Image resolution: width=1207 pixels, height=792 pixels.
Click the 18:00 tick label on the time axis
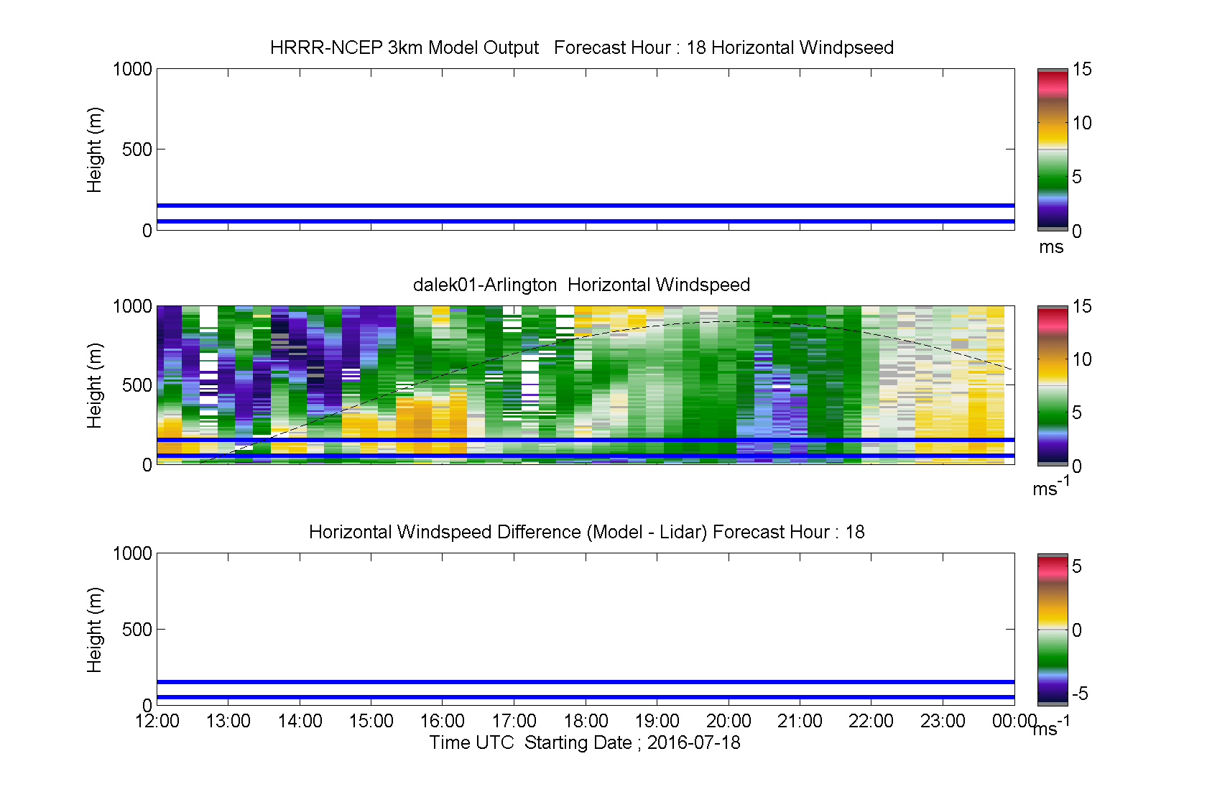tap(586, 721)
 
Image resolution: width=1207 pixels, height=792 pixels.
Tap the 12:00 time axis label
tap(157, 721)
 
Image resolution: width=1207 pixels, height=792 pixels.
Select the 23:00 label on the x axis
tap(943, 721)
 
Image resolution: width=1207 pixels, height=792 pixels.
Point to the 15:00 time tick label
tap(371, 721)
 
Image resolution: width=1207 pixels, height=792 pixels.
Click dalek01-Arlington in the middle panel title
tap(485, 285)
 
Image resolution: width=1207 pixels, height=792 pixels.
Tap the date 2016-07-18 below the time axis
tap(693, 742)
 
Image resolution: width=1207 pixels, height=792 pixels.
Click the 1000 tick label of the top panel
tap(132, 69)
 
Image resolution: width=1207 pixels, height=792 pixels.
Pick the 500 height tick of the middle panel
tap(137, 385)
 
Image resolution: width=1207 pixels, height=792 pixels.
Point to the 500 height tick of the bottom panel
tap(137, 629)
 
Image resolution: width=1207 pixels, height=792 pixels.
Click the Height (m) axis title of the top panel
tap(94, 150)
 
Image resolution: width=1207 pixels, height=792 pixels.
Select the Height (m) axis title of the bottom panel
tap(94, 630)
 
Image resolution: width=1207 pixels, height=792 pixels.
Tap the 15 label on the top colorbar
tap(1082, 69)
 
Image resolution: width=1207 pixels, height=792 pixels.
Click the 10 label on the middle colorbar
tap(1082, 359)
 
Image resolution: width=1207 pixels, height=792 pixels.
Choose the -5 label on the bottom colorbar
tap(1081, 694)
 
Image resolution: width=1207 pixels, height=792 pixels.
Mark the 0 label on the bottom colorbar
tap(1076, 630)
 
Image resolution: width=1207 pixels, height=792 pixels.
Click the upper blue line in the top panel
tap(586, 206)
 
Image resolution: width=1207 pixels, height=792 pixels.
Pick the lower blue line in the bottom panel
tap(586, 697)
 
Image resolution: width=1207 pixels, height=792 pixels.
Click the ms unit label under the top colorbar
tap(1051, 247)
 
